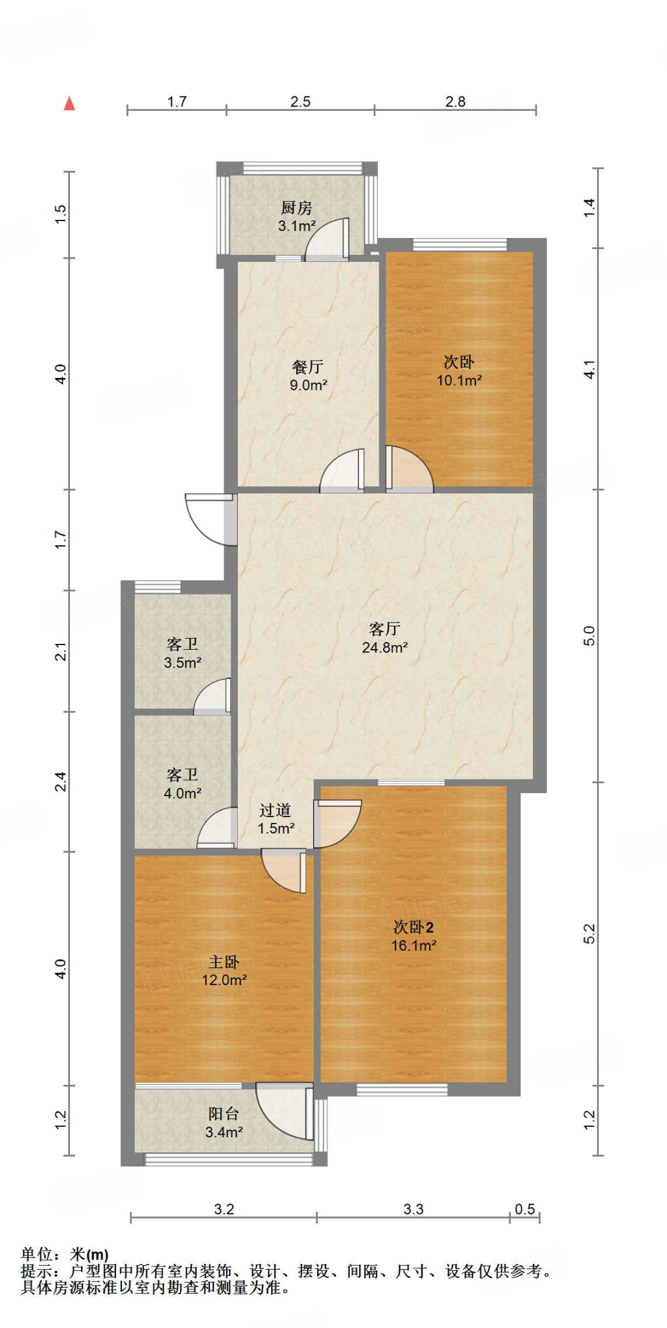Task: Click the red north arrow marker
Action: click(x=69, y=104)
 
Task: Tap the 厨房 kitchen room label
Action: click(x=297, y=208)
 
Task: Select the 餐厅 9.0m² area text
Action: click(x=308, y=376)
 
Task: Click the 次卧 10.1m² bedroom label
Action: click(x=459, y=371)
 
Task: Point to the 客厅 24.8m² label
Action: click(x=384, y=637)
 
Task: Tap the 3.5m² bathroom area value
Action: click(x=182, y=663)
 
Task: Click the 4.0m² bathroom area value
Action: click(x=182, y=793)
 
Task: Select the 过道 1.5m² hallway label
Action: click(x=276, y=819)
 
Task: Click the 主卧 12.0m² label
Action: click(x=224, y=971)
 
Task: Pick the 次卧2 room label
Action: click(x=414, y=927)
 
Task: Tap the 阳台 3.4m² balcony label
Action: click(x=224, y=1123)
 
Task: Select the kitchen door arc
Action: click(x=327, y=239)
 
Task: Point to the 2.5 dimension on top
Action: click(x=300, y=102)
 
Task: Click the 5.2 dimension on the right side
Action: click(x=589, y=933)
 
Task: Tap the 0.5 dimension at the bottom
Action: click(x=524, y=1209)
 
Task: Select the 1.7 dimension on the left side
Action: click(x=60, y=539)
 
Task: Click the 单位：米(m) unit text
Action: click(x=65, y=1255)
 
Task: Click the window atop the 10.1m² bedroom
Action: click(x=460, y=244)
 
